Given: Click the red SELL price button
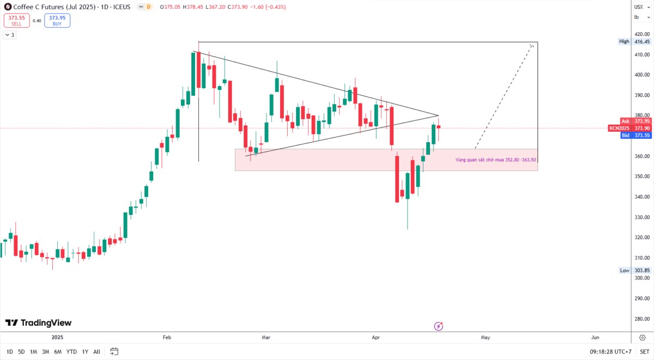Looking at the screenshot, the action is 17,20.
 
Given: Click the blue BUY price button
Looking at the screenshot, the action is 57,20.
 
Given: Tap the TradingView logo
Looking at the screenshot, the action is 38,322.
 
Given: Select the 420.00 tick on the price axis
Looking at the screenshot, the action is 642,34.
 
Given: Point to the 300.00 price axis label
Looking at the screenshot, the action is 642,278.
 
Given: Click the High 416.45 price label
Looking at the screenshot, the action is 634,41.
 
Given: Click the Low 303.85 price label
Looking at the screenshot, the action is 635,271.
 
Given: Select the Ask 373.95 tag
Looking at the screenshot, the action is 635,121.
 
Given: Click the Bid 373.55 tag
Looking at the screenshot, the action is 635,136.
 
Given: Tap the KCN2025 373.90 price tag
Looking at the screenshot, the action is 629,129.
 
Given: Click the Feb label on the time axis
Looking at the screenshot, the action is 167,337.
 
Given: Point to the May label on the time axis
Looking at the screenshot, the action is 485,337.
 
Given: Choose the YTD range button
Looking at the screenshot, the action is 71,352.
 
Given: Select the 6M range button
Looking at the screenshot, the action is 58,352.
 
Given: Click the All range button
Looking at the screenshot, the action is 96,352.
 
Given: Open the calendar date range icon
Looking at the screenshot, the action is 114,351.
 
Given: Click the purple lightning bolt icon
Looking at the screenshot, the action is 439,326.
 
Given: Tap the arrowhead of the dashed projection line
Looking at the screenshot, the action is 532,45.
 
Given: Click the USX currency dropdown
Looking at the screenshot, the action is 642,7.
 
